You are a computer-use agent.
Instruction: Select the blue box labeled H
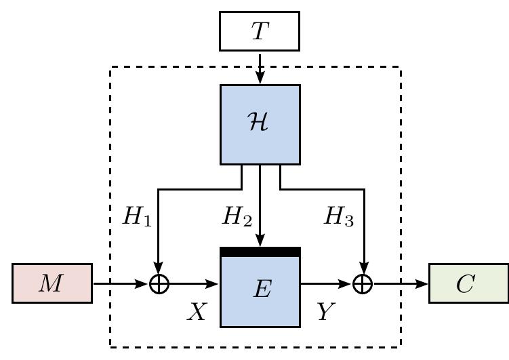click(260, 125)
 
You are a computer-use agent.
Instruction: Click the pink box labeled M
click(52, 283)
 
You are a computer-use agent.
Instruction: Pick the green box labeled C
click(468, 283)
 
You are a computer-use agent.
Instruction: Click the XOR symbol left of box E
click(159, 283)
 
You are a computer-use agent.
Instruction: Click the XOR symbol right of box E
click(363, 283)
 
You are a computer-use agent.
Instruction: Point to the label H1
click(136, 217)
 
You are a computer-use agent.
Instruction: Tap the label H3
click(339, 217)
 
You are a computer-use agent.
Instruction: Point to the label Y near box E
click(325, 311)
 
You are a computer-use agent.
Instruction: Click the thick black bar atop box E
click(260, 252)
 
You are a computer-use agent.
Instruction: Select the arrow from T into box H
click(260, 68)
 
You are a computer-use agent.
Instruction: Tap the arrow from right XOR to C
click(400, 283)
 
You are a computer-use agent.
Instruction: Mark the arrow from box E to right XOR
click(325, 283)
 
